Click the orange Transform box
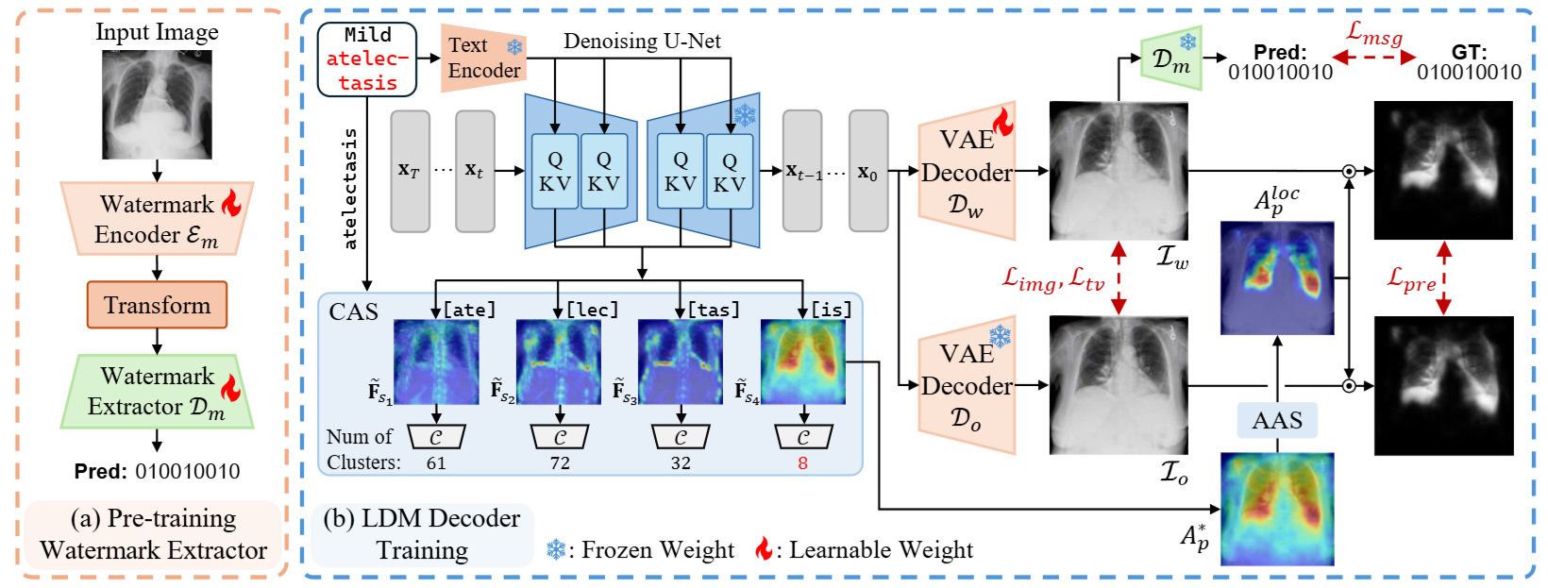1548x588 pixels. click(x=157, y=305)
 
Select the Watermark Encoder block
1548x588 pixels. click(x=157, y=219)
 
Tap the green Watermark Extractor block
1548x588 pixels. click(x=157, y=392)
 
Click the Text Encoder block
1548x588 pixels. click(x=483, y=58)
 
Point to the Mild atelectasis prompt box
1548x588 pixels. click(x=367, y=59)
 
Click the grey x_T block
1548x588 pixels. click(x=410, y=171)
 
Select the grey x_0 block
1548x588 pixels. click(x=868, y=171)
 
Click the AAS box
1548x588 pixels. click(x=1277, y=420)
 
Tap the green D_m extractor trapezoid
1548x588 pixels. click(x=1170, y=59)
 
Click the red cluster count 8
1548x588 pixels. click(x=802, y=462)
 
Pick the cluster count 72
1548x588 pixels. click(x=560, y=462)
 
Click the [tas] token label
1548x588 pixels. click(x=714, y=310)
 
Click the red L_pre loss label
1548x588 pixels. click(x=1411, y=278)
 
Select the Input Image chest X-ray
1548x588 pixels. click(x=157, y=105)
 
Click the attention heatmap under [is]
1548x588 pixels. click(x=803, y=362)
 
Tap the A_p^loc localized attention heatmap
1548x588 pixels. click(x=1277, y=277)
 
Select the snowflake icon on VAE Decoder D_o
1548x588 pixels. click(x=1000, y=337)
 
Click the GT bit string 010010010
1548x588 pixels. click(x=1470, y=72)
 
